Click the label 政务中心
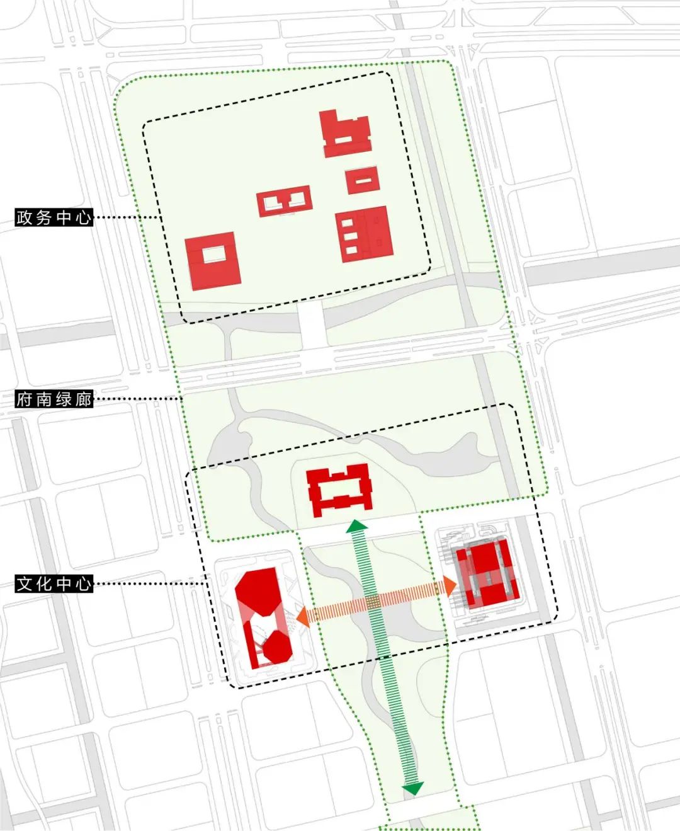point(54,218)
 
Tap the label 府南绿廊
point(54,399)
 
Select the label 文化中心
point(54,583)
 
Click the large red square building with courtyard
point(212,261)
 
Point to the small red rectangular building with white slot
point(361,180)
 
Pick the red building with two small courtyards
point(285,201)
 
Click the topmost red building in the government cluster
point(345,134)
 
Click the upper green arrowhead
point(358,525)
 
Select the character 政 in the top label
point(25,218)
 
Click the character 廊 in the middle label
point(84,399)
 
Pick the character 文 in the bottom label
point(25,583)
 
